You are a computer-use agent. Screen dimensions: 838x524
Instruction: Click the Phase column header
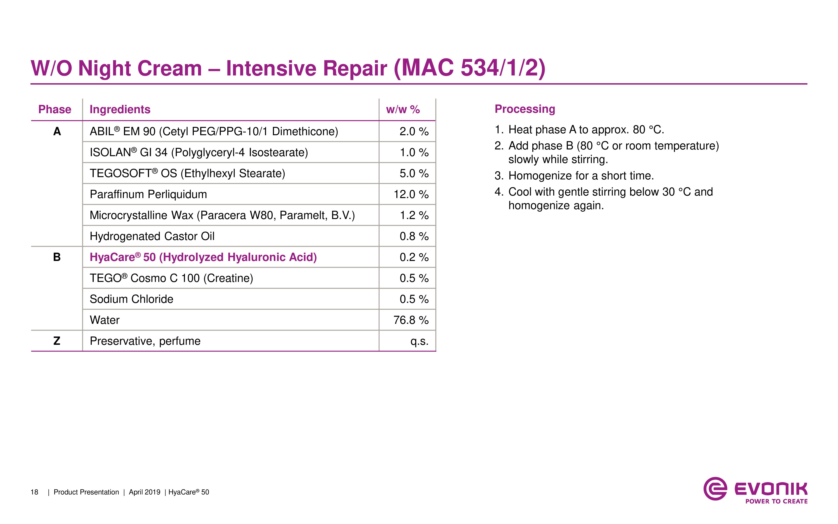(55, 109)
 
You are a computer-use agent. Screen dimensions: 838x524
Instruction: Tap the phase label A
(57, 131)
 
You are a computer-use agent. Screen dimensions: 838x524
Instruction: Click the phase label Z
(57, 341)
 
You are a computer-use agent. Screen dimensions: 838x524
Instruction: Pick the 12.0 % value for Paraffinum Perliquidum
(411, 195)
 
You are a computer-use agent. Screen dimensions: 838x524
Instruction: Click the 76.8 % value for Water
(411, 320)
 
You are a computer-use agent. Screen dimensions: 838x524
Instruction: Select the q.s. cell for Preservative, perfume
(419, 342)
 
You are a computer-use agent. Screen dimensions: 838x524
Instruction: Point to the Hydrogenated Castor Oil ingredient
(152, 237)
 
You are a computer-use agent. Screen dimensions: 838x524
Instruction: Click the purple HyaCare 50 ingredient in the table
(203, 257)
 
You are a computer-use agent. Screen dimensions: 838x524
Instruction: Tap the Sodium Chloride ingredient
(132, 299)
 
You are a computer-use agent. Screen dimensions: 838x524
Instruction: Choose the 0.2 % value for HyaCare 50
(414, 257)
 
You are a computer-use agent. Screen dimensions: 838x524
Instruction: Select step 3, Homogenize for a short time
(574, 176)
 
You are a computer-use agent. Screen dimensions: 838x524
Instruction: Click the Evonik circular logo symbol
(715, 489)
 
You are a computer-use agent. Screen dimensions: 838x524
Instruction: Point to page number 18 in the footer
(34, 492)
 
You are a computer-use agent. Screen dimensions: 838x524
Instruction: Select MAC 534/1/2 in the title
(469, 68)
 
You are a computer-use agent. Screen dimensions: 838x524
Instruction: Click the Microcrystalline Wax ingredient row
(222, 215)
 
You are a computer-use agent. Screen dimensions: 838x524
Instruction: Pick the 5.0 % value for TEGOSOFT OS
(414, 173)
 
